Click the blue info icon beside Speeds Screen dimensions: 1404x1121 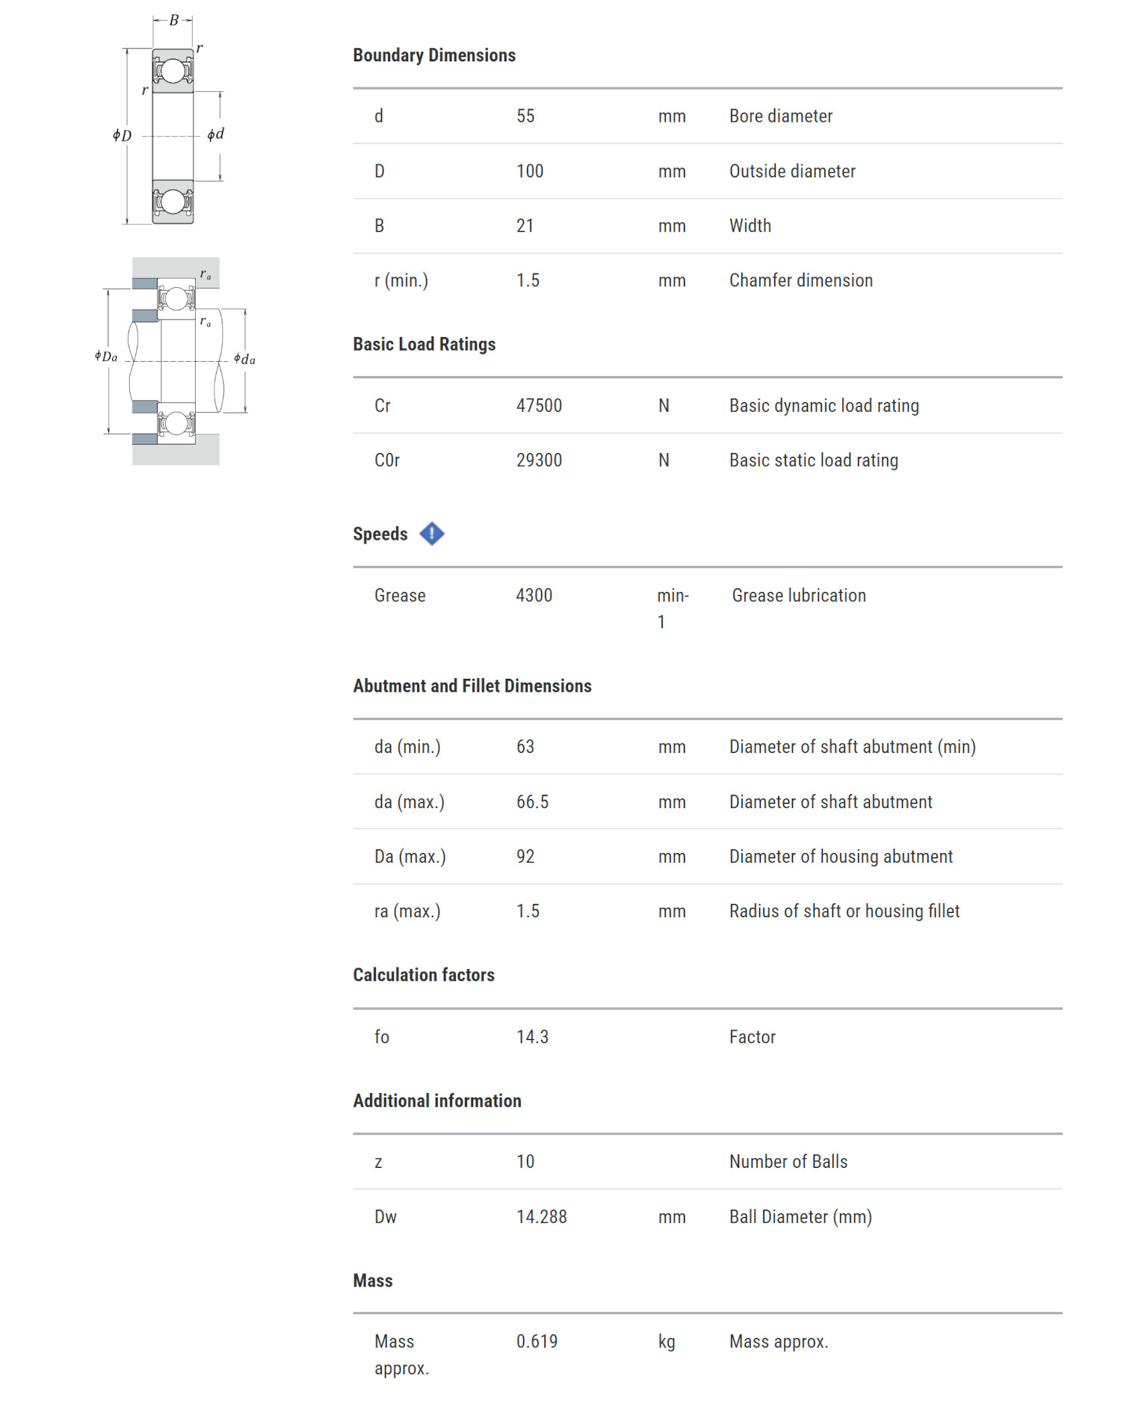pos(431,534)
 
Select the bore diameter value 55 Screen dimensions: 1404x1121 pos(525,116)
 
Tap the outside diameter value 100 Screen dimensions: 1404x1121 pos(530,171)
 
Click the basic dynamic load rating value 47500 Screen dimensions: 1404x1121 pos(539,405)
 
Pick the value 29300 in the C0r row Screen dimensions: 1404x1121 pos(539,460)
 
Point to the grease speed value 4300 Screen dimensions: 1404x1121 pos(534,595)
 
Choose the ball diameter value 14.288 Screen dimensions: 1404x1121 pos(541,1216)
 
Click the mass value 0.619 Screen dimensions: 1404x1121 pos(537,1341)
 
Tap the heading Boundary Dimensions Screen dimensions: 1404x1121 pos(434,55)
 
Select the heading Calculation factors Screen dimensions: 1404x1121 pos(424,975)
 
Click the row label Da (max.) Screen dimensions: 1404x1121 pos(410,856)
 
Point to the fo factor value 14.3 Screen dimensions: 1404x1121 pos(532,1036)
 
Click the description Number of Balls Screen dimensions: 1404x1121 pos(788,1161)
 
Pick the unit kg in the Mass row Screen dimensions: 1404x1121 pos(667,1341)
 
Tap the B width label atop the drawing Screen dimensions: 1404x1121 pos(173,20)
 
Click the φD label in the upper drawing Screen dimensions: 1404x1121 pos(122,135)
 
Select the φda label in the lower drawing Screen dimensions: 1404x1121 pos(244,359)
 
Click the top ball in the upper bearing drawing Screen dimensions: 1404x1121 pos(173,71)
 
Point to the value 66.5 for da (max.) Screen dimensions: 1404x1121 pos(532,801)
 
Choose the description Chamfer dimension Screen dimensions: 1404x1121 pos(800,280)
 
